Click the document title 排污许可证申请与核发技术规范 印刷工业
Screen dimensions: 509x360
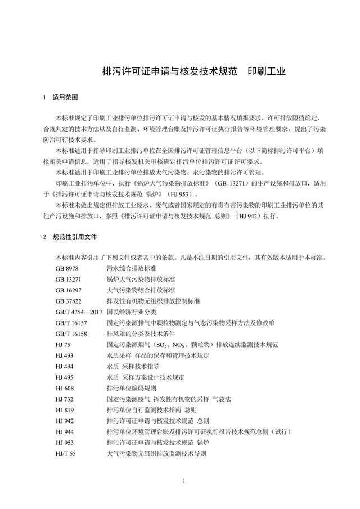[193, 72]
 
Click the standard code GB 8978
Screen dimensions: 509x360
[67, 269]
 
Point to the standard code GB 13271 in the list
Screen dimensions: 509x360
[69, 280]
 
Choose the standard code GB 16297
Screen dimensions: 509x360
[69, 290]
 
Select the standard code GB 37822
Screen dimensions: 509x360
[69, 301]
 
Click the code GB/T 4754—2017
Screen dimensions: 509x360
[78, 312]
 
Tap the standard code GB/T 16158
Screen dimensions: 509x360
[71, 333]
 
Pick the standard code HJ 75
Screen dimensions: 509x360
[63, 344]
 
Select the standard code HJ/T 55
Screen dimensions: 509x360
[66, 452]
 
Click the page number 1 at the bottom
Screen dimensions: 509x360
[184, 482]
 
